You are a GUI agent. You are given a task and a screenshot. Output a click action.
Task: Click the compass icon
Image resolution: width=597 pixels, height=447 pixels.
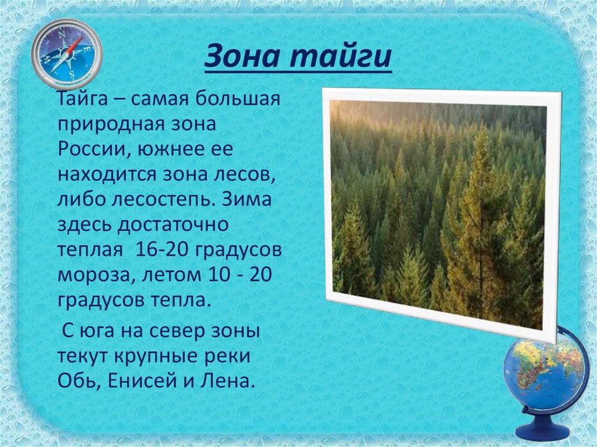click(66, 54)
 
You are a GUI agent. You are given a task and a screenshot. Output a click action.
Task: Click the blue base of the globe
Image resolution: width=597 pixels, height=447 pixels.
click(543, 428)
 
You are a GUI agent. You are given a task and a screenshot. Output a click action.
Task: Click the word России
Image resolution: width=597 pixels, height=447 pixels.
click(89, 149)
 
